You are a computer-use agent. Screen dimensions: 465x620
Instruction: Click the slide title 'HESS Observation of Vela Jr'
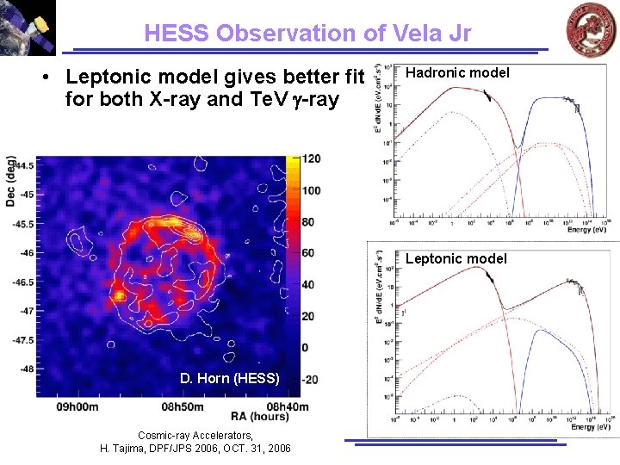point(307,33)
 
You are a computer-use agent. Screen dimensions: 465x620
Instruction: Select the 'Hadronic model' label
point(456,73)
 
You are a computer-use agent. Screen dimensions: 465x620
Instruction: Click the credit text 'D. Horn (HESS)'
point(230,378)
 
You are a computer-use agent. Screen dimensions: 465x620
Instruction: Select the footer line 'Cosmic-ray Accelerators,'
point(195,436)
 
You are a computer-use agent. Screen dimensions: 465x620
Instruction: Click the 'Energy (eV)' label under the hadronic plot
point(587,229)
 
